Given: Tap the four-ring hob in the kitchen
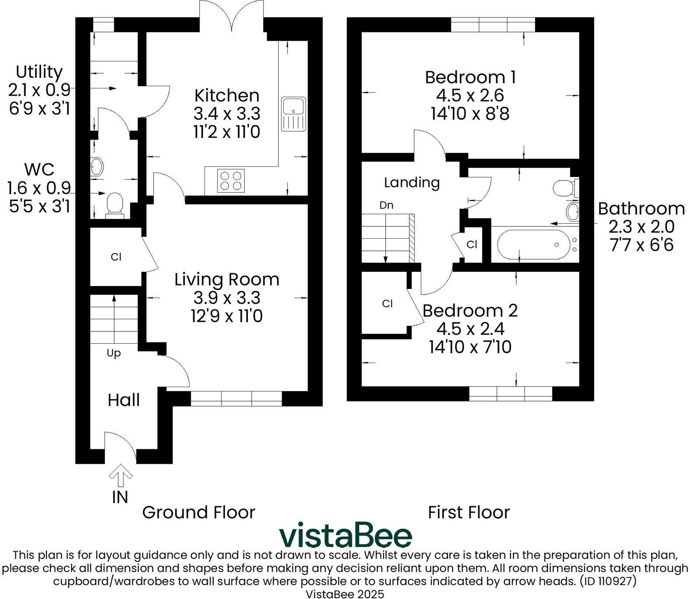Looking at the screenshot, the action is (x=231, y=180).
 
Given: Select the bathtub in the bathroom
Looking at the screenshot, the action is (x=533, y=244).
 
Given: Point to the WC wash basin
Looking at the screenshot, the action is (x=97, y=166).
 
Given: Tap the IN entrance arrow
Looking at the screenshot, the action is (x=120, y=476).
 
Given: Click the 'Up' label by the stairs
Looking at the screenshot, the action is (x=114, y=353).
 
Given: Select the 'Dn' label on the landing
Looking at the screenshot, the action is (x=386, y=205).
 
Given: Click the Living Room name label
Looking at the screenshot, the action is (x=227, y=279).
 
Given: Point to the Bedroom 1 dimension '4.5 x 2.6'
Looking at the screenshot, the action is (x=470, y=95).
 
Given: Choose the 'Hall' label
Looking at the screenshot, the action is (x=124, y=400).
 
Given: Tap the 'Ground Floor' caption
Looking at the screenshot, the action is (x=199, y=512).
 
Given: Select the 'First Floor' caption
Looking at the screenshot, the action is (x=469, y=512).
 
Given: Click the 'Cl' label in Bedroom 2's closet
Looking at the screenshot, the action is (x=387, y=303).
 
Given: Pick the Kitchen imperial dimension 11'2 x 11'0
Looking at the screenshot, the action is (x=227, y=131).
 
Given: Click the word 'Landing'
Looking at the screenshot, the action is (x=412, y=182).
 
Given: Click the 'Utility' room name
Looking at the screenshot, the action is (x=39, y=71).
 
